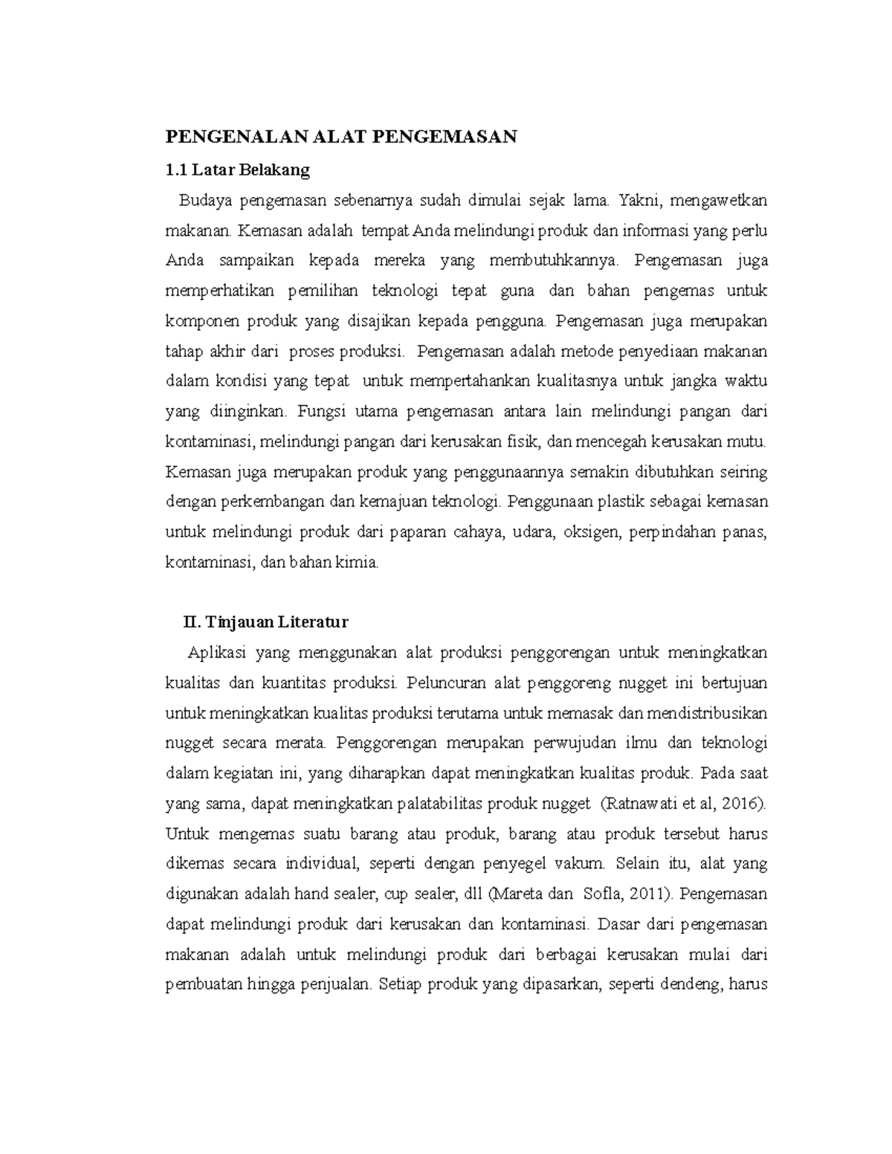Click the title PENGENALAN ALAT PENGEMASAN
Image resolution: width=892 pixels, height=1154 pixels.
[x=340, y=137]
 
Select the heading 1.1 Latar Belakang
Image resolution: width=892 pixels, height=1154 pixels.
[x=237, y=170]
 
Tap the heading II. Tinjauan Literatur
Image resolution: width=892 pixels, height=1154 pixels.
[x=266, y=621]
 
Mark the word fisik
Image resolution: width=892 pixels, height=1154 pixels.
[x=523, y=442]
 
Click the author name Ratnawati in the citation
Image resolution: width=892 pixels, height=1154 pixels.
[x=637, y=803]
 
